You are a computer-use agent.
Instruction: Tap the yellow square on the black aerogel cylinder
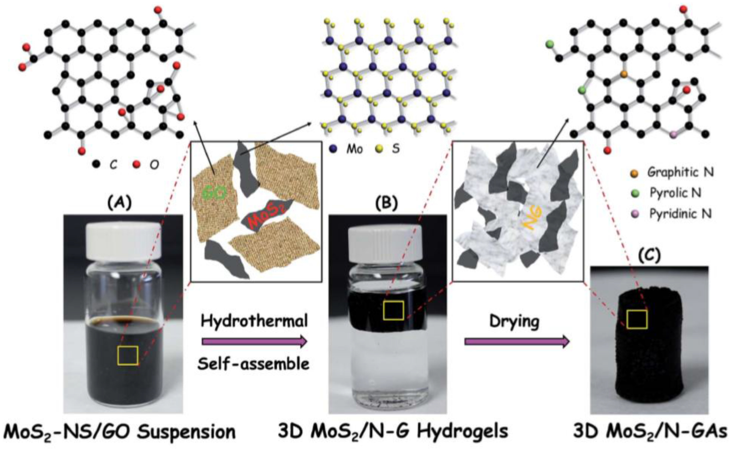[637, 319]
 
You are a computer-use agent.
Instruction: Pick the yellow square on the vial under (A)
[128, 356]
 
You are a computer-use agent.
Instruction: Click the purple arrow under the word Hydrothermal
[254, 341]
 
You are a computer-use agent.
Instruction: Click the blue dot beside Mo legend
[334, 149]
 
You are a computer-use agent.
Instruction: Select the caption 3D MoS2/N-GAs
[650, 430]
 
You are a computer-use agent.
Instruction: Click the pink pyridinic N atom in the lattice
[674, 134]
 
